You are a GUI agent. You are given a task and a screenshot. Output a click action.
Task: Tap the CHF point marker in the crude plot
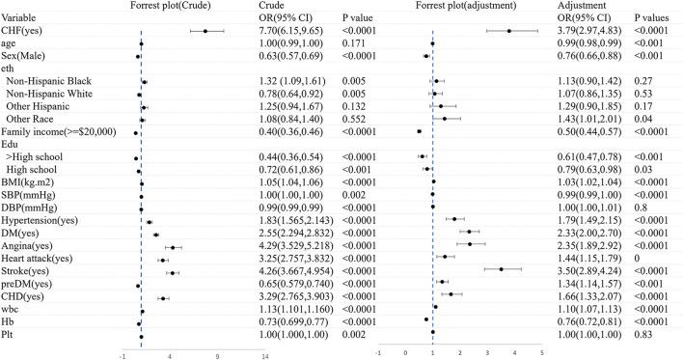pyautogui.click(x=205, y=31)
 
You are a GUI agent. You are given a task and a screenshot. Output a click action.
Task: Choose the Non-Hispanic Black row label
pyautogui.click(x=47, y=81)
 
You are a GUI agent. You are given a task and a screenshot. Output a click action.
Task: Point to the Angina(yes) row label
pyautogui.click(x=33, y=244)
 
